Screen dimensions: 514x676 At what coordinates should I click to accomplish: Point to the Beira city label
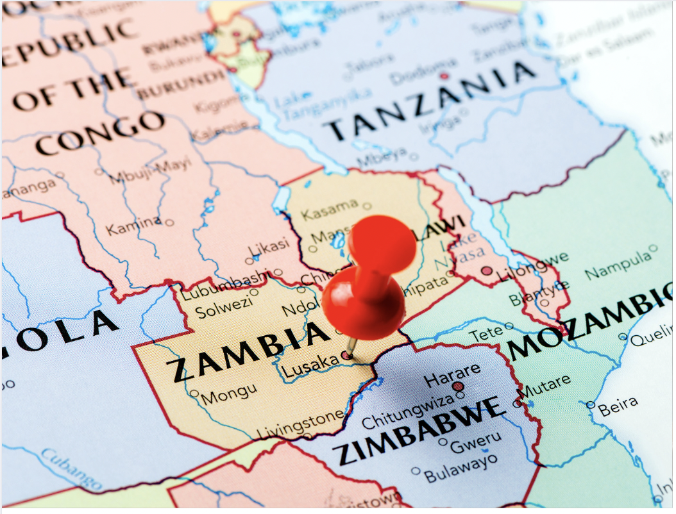(618, 404)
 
